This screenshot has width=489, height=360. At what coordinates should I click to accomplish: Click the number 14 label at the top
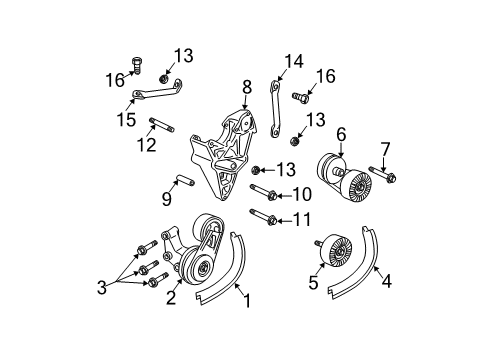click(292, 61)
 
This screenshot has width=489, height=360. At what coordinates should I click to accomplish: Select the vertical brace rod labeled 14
click(270, 102)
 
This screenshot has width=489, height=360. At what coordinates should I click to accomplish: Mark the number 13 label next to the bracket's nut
click(286, 169)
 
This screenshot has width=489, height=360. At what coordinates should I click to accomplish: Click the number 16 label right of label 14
click(326, 76)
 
